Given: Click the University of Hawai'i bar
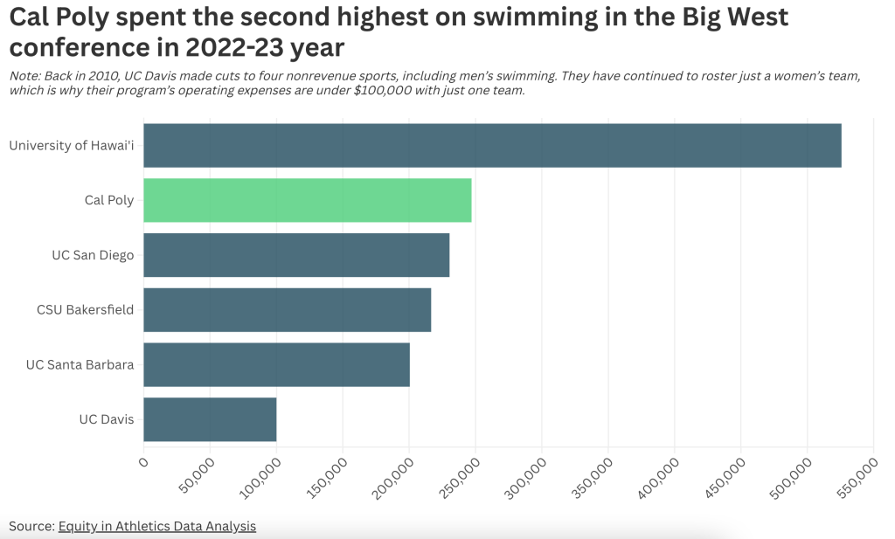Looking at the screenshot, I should (492, 145).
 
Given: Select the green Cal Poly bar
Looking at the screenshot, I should (307, 200).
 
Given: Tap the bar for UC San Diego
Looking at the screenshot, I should (296, 255).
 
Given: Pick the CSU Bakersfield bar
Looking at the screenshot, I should (287, 309).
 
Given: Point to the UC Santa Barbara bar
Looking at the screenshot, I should (276, 364).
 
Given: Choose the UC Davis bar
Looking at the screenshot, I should (210, 419).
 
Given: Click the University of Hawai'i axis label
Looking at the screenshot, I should (72, 145).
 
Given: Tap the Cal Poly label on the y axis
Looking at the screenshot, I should (109, 200).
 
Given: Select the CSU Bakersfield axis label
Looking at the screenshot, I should (86, 309).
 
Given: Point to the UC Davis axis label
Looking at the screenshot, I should (107, 419).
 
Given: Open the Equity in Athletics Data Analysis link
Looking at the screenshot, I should (157, 526).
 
